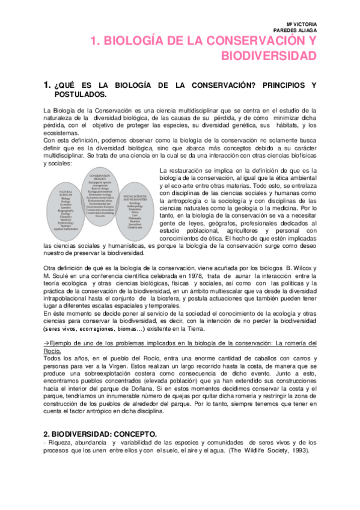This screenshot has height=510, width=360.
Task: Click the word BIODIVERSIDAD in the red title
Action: pyautogui.click(x=268, y=56)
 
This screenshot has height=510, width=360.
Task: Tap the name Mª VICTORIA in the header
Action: pyautogui.click(x=298, y=23)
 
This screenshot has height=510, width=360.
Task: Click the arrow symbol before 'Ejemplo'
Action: pyautogui.click(x=47, y=343)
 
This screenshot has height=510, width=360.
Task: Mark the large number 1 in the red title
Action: pyautogui.click(x=93, y=41)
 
